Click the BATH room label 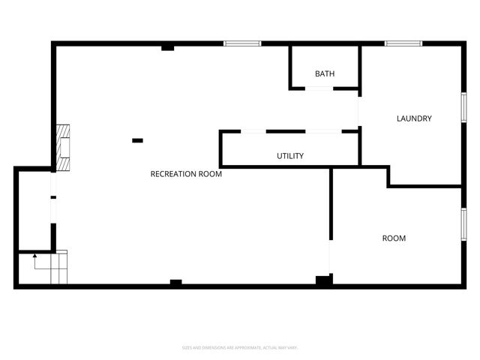click(x=325, y=73)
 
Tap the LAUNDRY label click(x=414, y=118)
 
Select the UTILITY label click(x=290, y=156)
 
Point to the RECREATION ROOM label click(x=186, y=174)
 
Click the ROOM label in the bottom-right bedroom click(x=394, y=238)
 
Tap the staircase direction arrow click(x=35, y=259)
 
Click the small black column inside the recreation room click(x=137, y=140)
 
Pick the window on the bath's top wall click(x=242, y=43)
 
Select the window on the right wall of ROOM click(x=463, y=225)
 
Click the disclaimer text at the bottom click(x=240, y=347)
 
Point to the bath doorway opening click(x=319, y=88)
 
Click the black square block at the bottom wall click(x=323, y=280)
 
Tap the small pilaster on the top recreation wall click(x=168, y=48)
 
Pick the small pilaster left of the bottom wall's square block click(x=176, y=282)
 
